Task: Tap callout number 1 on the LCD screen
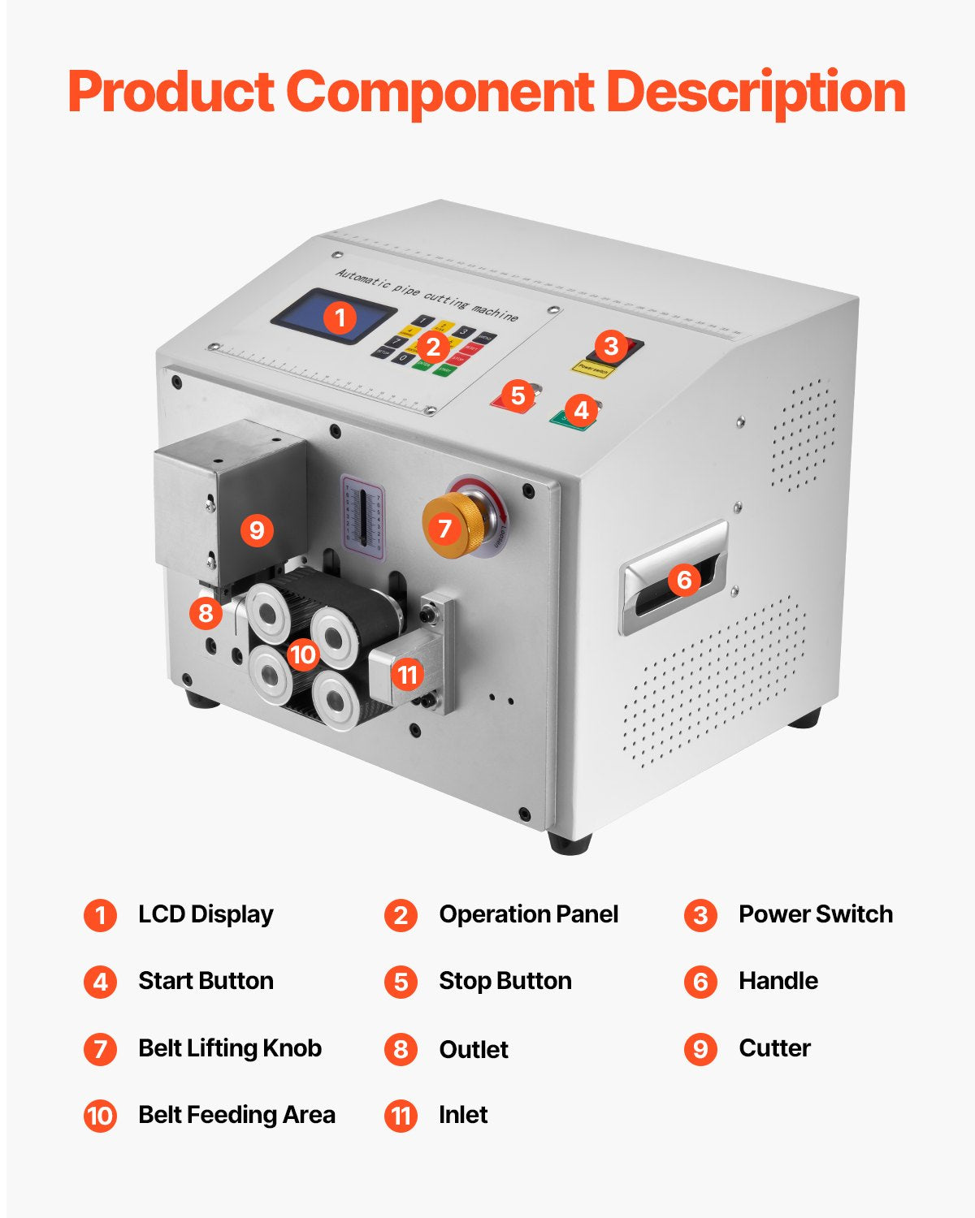340,317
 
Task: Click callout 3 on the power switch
611,347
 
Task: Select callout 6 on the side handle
684,580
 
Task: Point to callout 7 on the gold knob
444,529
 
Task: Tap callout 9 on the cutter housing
257,530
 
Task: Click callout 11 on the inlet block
407,674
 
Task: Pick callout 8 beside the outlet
206,612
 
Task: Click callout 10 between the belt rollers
303,654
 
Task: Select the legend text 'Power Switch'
815,914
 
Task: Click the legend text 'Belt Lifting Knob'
230,1048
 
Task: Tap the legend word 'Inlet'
463,1115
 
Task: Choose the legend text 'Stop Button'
505,981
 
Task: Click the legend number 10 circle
100,1116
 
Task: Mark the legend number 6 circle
700,982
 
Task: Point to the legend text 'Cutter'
774,1048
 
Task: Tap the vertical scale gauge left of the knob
363,516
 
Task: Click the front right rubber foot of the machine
569,842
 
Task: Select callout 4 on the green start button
580,410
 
